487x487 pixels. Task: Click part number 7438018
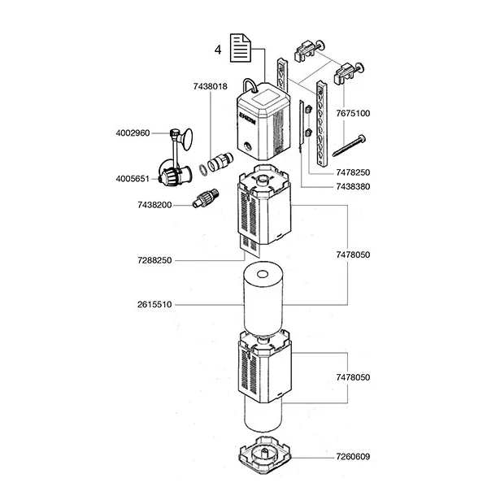[x=211, y=86]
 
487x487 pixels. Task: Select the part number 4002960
[x=133, y=133]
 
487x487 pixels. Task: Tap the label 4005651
[x=133, y=179]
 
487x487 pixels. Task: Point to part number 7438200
[x=154, y=205]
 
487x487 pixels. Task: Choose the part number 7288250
[x=154, y=260]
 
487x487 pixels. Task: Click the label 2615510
[x=154, y=304]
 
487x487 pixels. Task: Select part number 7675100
[x=353, y=113]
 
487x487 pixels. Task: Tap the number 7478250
[x=353, y=172]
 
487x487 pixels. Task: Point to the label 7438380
[x=353, y=187]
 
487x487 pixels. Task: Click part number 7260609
[x=353, y=457]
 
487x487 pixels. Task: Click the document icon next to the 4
[x=241, y=48]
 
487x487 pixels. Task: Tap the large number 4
[x=218, y=50]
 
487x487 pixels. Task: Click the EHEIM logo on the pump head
[x=247, y=119]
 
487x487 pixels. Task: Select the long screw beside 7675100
[x=349, y=146]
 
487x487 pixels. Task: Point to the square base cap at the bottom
[x=265, y=455]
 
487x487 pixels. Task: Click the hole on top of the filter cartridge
[x=263, y=274]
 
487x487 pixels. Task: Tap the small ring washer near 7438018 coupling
[x=203, y=171]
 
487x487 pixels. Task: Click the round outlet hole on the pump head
[x=247, y=146]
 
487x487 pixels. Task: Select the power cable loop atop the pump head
[x=250, y=85]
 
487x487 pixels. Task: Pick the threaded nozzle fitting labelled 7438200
[x=206, y=198]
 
